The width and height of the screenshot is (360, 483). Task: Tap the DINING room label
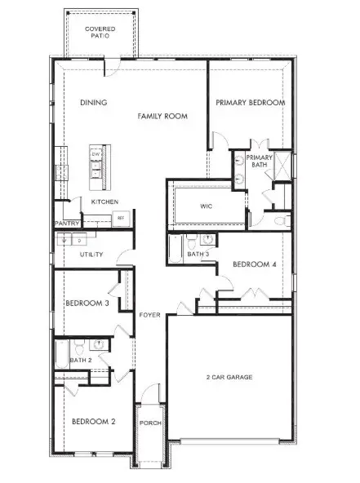coord(94,103)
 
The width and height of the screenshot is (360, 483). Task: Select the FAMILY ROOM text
coord(162,117)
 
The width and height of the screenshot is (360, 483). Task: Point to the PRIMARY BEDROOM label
coord(250,103)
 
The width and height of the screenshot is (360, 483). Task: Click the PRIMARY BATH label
coord(259,161)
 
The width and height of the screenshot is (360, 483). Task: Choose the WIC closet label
coord(207,206)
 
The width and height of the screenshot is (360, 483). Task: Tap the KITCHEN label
coord(104,202)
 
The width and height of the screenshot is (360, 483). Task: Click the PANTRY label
coord(66,223)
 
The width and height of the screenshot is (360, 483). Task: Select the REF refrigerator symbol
coord(120,218)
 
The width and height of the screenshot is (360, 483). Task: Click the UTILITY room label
coord(91,255)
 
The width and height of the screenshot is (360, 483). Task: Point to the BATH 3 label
coord(197,255)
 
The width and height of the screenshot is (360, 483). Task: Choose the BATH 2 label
coord(80,360)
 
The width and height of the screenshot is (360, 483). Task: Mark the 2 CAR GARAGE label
coord(228,378)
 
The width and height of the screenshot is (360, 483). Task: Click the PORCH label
coord(149,423)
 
